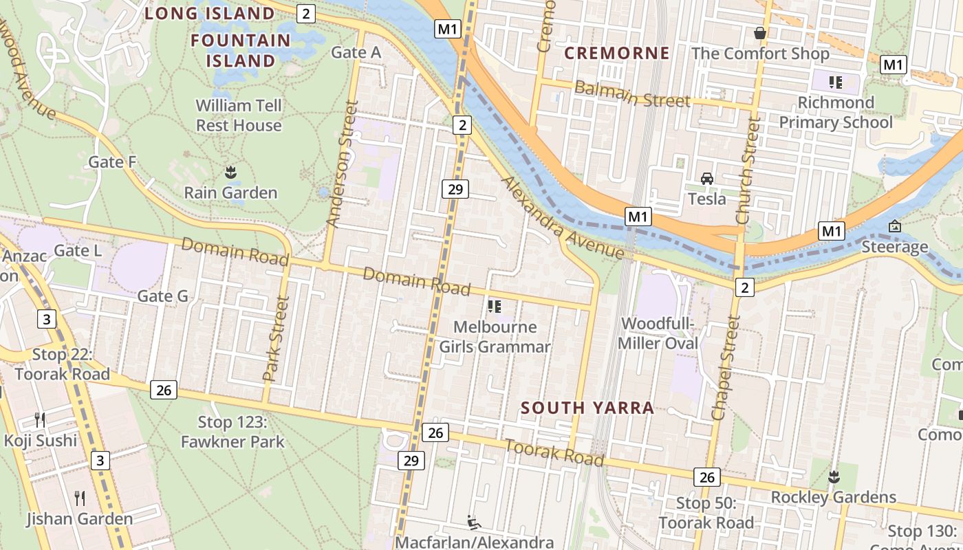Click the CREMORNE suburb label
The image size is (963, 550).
(616, 53)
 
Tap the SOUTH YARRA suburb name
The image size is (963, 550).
(587, 408)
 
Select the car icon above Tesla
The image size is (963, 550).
(706, 179)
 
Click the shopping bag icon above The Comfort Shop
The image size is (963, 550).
(760, 33)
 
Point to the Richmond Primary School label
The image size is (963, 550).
(836, 113)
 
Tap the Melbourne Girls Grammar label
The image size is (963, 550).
(495, 337)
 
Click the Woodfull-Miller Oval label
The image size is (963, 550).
(659, 333)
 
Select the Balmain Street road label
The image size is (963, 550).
(631, 95)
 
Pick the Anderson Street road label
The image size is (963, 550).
(343, 164)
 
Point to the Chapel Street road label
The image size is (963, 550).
(727, 368)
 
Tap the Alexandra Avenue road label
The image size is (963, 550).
(563, 218)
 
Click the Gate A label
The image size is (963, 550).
(356, 52)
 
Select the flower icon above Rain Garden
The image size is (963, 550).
(230, 173)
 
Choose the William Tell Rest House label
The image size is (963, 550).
(239, 115)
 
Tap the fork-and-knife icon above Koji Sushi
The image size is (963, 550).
(40, 419)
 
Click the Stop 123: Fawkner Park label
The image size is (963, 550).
(232, 432)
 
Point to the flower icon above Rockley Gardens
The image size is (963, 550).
(834, 476)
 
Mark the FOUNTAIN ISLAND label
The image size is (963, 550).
(241, 50)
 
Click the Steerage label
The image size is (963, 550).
(895, 247)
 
